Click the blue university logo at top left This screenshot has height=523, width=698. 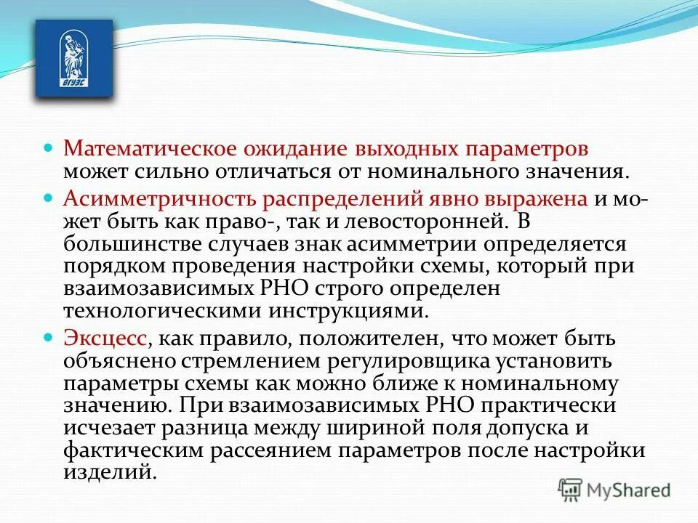(74, 59)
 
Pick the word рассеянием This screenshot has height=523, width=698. (271, 450)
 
